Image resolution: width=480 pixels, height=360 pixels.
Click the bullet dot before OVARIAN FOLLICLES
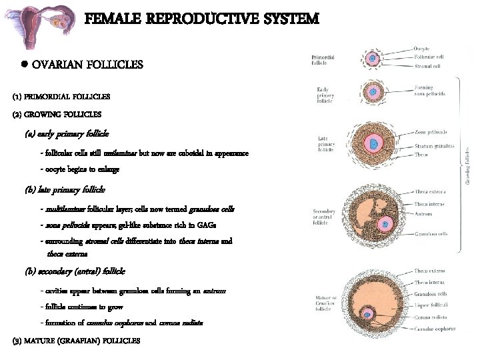[x=23, y=65]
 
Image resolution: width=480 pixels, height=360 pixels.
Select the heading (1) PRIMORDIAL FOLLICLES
[x=61, y=96]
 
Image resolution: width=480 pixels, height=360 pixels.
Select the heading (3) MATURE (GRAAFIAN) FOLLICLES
[x=76, y=341]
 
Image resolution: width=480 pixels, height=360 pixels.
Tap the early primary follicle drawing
[x=373, y=93]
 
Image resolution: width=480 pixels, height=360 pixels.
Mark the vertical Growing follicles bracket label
[x=466, y=163]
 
